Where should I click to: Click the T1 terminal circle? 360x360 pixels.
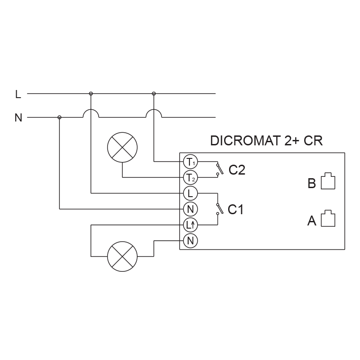[190, 161]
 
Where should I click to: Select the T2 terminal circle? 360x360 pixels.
[190, 177]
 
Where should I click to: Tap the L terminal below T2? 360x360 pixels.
[190, 193]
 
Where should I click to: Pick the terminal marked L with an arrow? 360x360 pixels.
[190, 225]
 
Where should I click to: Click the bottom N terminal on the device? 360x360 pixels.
[190, 241]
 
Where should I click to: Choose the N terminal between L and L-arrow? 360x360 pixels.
[190, 209]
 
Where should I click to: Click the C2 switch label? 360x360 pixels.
[237, 171]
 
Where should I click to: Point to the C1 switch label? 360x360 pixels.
[235, 209]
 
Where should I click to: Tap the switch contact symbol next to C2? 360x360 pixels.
[218, 169]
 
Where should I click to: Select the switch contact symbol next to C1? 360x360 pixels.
[218, 209]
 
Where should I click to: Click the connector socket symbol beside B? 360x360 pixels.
[328, 181]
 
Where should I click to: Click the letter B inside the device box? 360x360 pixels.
[312, 184]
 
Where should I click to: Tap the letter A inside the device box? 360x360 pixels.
[312, 221]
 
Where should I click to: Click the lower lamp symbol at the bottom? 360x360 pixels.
[122, 256]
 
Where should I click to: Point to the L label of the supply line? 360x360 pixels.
[18, 94]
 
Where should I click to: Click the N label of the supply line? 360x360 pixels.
[18, 118]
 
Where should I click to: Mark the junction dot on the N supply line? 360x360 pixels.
[59, 117]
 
